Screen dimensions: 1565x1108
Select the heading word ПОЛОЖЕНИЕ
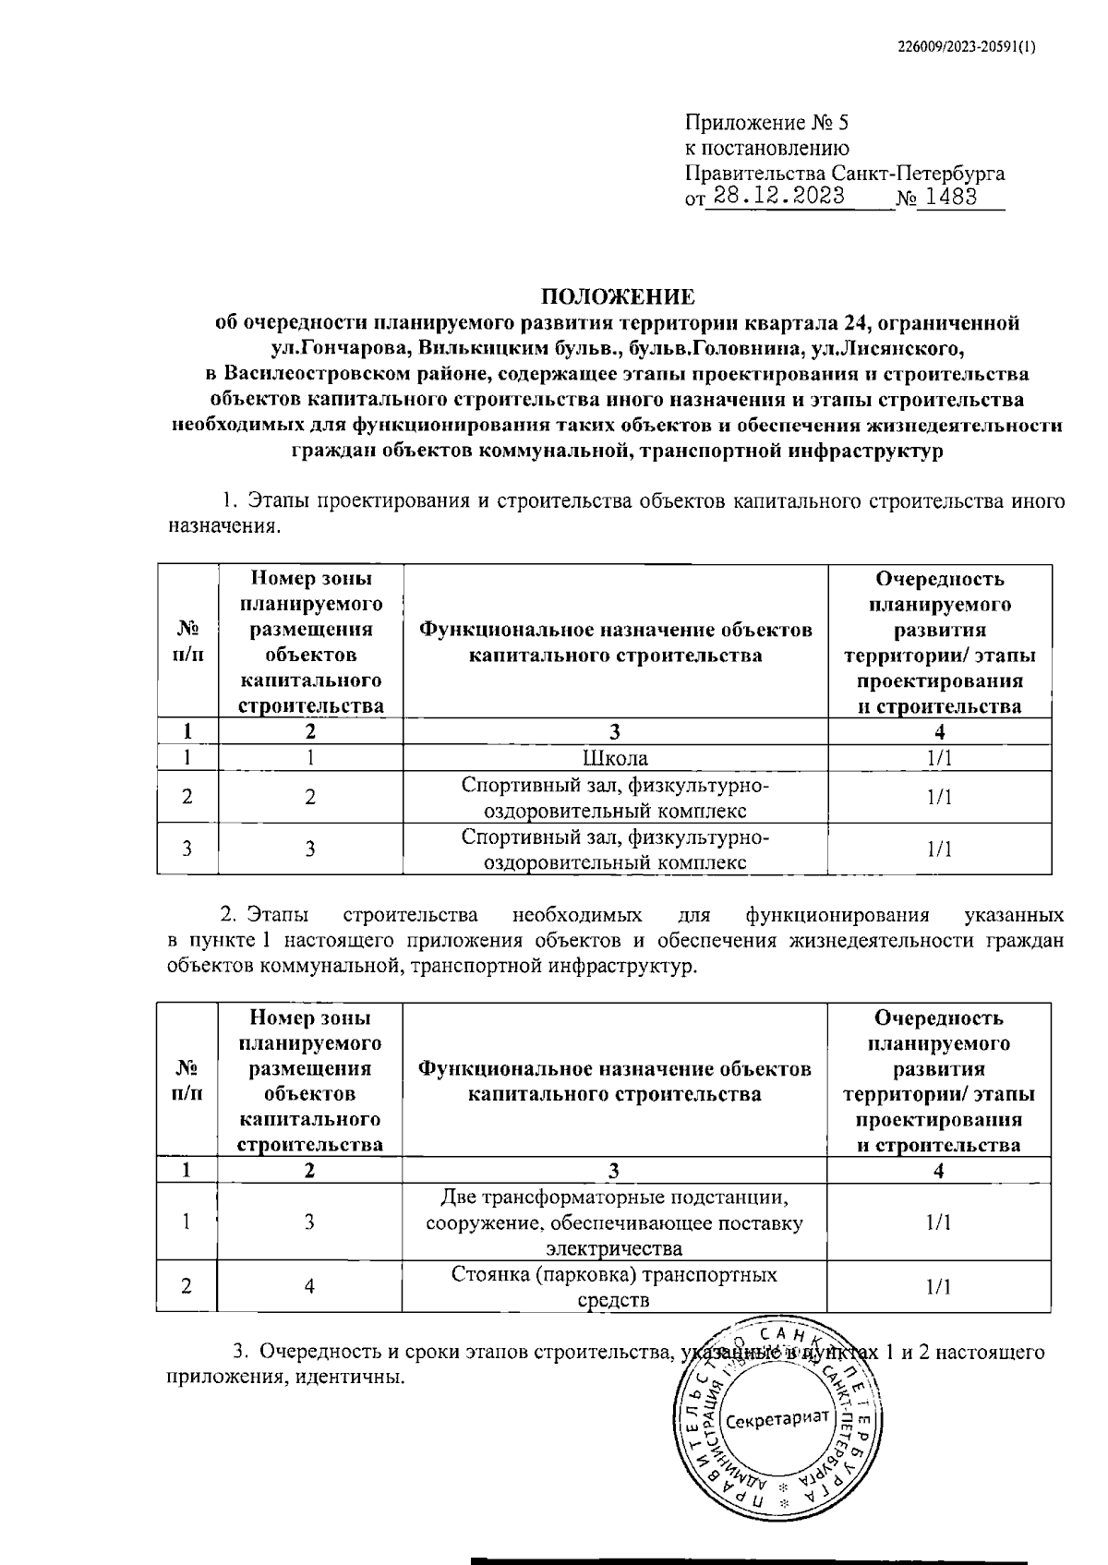pos(617,296)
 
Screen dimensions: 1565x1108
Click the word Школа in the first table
pos(615,759)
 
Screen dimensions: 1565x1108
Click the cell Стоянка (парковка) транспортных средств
pos(615,1287)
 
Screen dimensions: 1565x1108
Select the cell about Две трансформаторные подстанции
pos(615,1222)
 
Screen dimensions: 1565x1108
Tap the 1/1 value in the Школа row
pos(939,759)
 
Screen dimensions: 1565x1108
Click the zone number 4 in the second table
pos(310,1287)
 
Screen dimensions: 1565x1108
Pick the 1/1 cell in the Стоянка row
pos(939,1287)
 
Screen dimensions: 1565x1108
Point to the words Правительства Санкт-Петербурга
pos(844,173)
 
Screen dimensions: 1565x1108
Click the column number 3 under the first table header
pos(615,732)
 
